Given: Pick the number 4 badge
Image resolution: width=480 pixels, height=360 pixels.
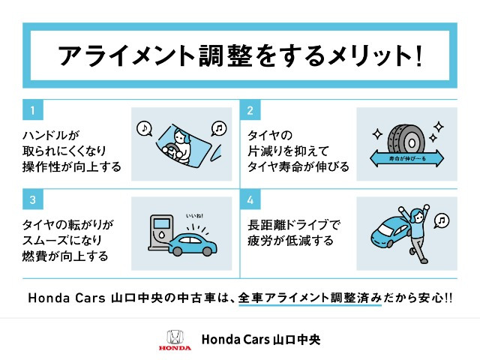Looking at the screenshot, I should [x=250, y=201].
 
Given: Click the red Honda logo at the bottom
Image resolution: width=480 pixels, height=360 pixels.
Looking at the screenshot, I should [x=175, y=340].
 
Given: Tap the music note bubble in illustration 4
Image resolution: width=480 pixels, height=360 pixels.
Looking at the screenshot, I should [x=442, y=220].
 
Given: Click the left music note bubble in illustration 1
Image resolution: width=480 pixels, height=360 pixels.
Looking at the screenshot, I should [x=143, y=127].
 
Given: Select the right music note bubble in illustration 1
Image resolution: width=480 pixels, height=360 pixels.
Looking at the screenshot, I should [x=218, y=127].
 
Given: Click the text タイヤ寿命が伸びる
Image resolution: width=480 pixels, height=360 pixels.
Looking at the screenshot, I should [x=298, y=166].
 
